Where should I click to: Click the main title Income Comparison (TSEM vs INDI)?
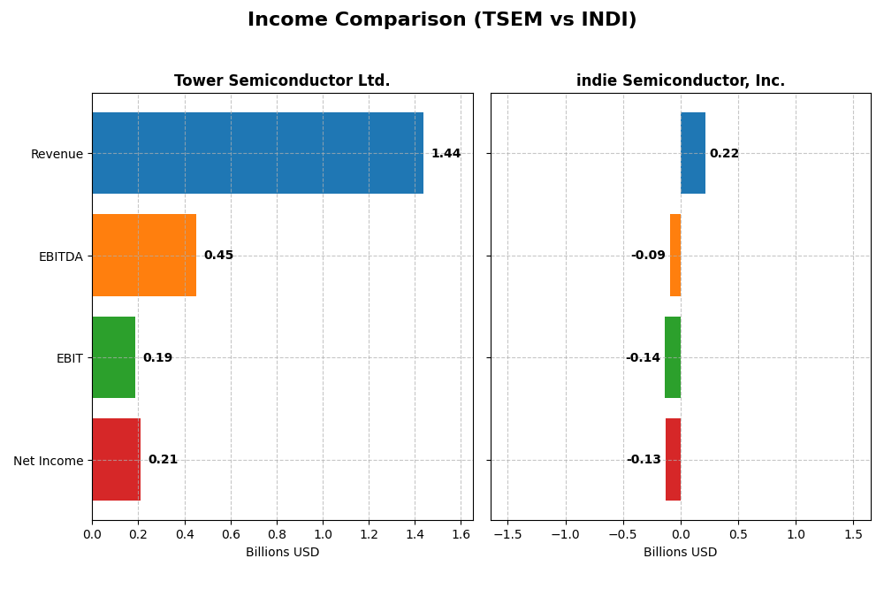pyautogui.click(x=442, y=19)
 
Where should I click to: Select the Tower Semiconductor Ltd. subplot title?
pyautogui.click(x=282, y=80)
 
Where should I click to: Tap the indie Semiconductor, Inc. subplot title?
pyautogui.click(x=680, y=80)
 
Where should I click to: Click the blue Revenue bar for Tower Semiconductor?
pyautogui.click(x=257, y=153)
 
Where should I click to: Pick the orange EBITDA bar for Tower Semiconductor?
pyautogui.click(x=144, y=255)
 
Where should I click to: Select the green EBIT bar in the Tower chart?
pyautogui.click(x=114, y=357)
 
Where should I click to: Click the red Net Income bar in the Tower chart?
pyautogui.click(x=116, y=459)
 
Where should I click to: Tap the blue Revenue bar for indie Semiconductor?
pyautogui.click(x=693, y=153)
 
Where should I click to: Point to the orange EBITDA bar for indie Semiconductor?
pyautogui.click(x=675, y=255)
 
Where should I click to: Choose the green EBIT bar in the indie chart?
pyautogui.click(x=673, y=357)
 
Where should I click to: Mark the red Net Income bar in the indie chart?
pyautogui.click(x=673, y=459)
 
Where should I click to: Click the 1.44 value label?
pyautogui.click(x=446, y=154)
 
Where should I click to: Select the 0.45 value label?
pyautogui.click(x=218, y=256)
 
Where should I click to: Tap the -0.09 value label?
pyautogui.click(x=648, y=256)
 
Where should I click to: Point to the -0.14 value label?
pyautogui.click(x=643, y=358)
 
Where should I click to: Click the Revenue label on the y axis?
pyautogui.click(x=57, y=154)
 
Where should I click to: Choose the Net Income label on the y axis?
pyautogui.click(x=49, y=460)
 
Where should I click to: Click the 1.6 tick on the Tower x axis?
pyautogui.click(x=461, y=534)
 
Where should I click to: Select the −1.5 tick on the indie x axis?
pyautogui.click(x=507, y=534)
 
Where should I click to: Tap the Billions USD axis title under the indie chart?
pyautogui.click(x=680, y=552)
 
